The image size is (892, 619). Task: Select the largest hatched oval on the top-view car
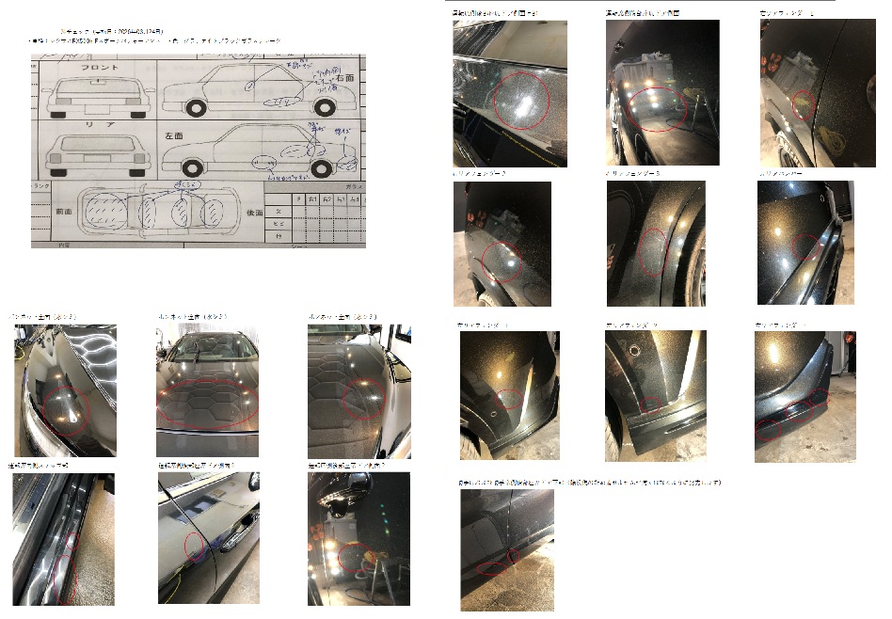pos(104,210)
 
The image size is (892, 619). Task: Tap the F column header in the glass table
pos(298,200)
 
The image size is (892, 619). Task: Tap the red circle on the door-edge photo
pos(193,546)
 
